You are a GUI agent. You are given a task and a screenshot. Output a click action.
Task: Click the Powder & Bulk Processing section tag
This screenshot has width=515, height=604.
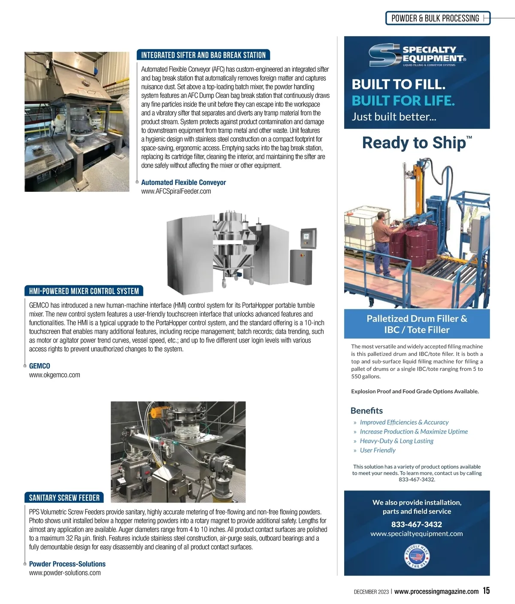438,18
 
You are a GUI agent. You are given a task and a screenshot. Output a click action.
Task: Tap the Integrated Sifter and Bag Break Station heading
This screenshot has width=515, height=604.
203,55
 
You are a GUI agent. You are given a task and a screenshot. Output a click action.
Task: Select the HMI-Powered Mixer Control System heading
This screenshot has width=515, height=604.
84,291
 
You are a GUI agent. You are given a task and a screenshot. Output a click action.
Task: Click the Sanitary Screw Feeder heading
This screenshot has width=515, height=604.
64,498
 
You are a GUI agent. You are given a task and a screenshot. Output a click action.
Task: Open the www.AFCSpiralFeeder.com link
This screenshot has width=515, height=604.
176,191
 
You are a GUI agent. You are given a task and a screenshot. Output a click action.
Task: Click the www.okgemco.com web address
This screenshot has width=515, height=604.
55,375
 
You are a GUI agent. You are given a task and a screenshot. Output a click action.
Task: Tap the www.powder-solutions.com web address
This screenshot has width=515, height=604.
65,573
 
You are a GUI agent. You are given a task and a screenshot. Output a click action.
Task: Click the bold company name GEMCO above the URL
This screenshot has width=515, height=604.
39,366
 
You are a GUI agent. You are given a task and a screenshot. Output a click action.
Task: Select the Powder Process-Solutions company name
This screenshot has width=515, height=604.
67,564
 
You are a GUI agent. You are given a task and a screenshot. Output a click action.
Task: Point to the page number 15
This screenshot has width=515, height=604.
486,591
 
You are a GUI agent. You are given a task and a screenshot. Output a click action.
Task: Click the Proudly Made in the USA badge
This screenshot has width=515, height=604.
417,557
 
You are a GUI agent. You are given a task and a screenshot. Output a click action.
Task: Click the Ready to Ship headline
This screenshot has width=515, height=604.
417,143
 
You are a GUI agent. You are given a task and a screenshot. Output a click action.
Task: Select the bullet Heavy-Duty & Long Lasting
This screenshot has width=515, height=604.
397,441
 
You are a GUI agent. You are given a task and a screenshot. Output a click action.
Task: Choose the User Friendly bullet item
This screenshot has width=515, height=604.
378,450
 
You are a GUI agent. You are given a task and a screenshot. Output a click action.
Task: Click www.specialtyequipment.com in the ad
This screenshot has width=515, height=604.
417,533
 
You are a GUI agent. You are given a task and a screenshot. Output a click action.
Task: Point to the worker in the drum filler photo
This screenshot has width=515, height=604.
384,244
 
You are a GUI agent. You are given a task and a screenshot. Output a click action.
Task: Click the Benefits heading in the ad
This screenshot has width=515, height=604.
367,411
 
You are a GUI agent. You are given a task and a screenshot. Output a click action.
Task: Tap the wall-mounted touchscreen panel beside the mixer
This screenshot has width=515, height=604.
309,238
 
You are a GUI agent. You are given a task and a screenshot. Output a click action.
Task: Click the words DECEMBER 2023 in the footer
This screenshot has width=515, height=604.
371,592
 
